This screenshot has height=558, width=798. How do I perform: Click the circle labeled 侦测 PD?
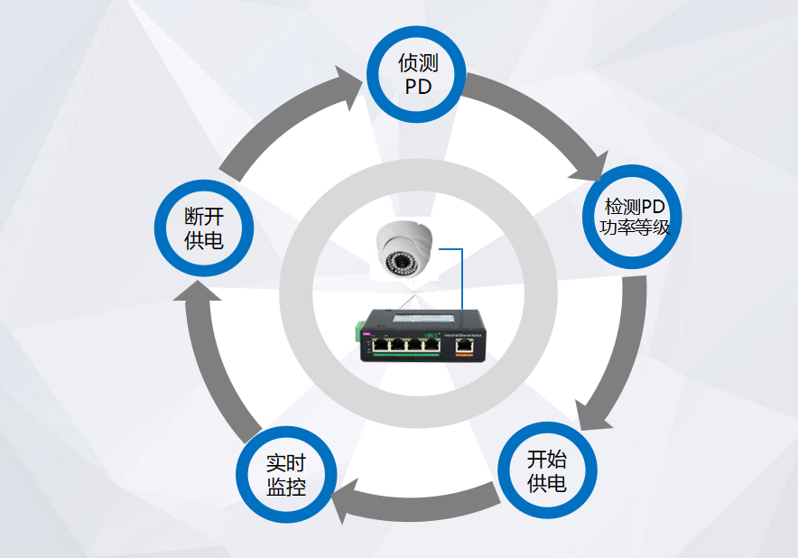click(416, 75)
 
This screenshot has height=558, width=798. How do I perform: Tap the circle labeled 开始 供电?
click(547, 470)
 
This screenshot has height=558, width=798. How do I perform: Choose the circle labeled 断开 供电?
click(204, 228)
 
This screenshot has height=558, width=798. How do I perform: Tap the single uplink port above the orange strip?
click(465, 343)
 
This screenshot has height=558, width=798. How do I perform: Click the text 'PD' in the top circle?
click(417, 88)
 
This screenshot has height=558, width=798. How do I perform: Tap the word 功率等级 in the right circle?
click(635, 227)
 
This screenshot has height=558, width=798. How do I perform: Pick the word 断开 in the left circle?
click(204, 217)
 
